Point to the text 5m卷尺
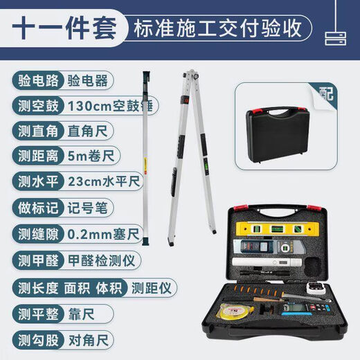point(85,157)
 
